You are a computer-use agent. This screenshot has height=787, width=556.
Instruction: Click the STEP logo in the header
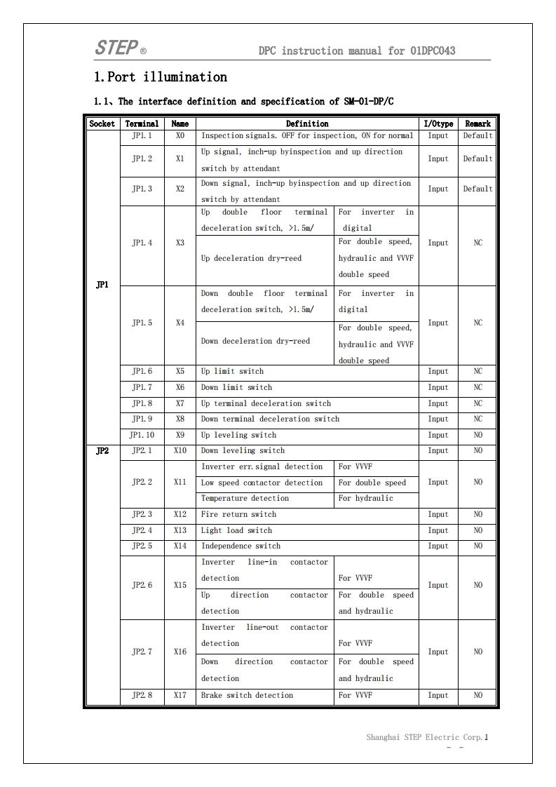coord(116,48)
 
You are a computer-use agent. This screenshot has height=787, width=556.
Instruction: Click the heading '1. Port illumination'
coord(161,76)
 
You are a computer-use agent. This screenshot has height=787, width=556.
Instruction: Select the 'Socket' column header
coord(102,123)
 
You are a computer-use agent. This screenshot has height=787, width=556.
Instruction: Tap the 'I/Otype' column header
coord(438,123)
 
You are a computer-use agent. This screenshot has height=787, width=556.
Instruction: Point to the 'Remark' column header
coord(477,123)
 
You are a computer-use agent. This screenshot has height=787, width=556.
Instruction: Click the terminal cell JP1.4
coord(142,243)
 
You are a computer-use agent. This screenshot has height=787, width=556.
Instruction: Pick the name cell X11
coord(180,483)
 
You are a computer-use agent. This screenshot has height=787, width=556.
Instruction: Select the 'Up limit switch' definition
coord(232,371)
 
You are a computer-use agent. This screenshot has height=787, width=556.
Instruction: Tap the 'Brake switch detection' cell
coord(247,695)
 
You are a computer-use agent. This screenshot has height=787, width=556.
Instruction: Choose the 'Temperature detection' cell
coord(245,498)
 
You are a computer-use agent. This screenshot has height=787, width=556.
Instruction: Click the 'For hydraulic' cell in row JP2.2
coord(365,498)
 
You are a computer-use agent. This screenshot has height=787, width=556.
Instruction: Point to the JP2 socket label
coord(102,451)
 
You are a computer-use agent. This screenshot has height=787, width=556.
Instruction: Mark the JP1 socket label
coord(102,285)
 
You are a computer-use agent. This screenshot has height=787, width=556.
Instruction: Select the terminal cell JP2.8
coord(142,695)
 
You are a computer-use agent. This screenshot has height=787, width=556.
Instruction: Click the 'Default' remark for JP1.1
coord(477,135)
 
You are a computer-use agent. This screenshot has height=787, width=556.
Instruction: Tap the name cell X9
coord(180,435)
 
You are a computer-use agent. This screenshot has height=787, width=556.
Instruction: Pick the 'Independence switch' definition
coord(240,546)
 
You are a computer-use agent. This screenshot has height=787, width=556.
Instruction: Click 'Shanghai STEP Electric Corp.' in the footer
coord(424,737)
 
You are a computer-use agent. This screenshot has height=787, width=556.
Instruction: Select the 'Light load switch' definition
coord(236,530)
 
